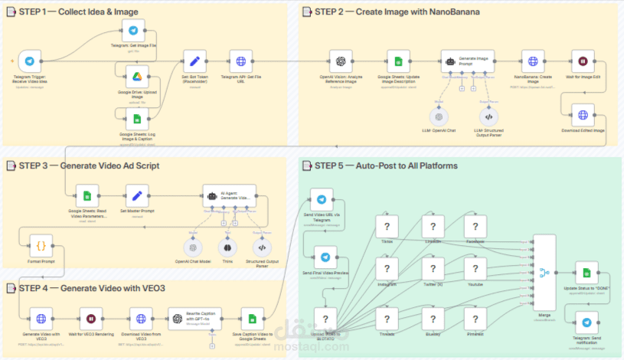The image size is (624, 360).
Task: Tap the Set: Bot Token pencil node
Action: tap(194, 61)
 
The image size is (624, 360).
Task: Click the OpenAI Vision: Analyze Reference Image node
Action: tap(340, 61)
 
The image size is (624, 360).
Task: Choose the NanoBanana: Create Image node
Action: tap(533, 61)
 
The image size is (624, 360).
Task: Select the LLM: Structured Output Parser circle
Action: tap(488, 117)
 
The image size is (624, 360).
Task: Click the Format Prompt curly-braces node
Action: tap(41, 246)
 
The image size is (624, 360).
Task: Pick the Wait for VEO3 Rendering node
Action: tap(90, 319)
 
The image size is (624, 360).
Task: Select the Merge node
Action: tap(545, 272)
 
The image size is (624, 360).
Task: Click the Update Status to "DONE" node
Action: tap(586, 272)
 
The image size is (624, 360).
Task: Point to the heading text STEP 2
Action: tap(332, 12)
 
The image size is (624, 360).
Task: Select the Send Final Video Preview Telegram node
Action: tap(325, 259)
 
